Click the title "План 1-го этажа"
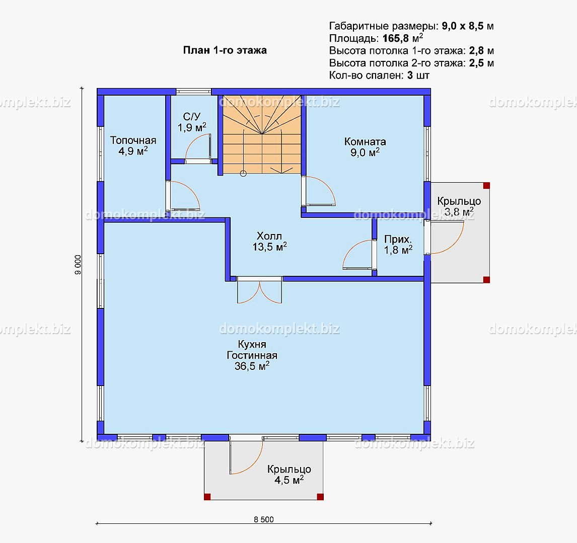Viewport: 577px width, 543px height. pyautogui.click(x=225, y=50)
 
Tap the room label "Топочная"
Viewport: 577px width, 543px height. pyautogui.click(x=133, y=140)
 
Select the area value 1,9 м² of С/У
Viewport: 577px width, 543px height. pyautogui.click(x=192, y=127)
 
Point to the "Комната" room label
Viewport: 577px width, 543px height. pyautogui.click(x=365, y=141)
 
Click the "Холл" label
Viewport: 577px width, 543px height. pyautogui.click(x=269, y=236)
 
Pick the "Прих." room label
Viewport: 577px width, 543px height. pyautogui.click(x=398, y=240)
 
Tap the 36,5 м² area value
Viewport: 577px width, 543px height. pyautogui.click(x=252, y=366)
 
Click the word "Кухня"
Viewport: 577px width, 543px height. pyautogui.click(x=252, y=344)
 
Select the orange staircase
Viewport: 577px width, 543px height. pyautogui.click(x=262, y=134)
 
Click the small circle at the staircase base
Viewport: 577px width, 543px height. pyautogui.click(x=243, y=174)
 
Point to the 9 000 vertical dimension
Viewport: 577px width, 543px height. pyautogui.click(x=78, y=265)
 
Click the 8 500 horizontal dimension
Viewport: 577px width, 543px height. pyautogui.click(x=264, y=519)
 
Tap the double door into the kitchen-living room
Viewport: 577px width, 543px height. pyautogui.click(x=260, y=291)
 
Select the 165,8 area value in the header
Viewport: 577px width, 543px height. pyautogui.click(x=396, y=38)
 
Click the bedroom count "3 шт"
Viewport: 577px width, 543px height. pyautogui.click(x=418, y=75)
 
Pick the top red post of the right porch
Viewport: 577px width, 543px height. pyautogui.click(x=486, y=185)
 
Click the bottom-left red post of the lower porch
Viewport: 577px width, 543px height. pyautogui.click(x=207, y=497)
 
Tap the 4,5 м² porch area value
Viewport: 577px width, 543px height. pyautogui.click(x=289, y=480)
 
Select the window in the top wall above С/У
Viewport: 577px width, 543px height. pyautogui.click(x=193, y=92)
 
